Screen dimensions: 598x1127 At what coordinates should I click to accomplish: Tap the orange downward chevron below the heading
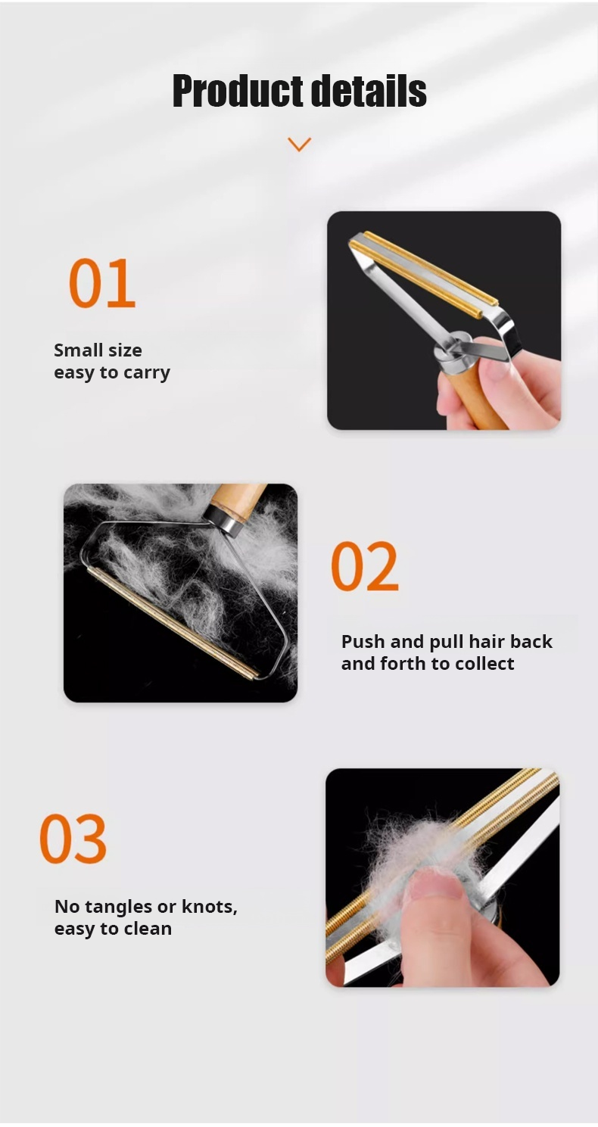coord(300,145)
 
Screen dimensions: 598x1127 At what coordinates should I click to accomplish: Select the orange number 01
coord(102,282)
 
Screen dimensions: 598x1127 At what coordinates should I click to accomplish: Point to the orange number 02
coord(365,565)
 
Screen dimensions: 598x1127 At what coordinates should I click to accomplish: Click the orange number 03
coord(73,839)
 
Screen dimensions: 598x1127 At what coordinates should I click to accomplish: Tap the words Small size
coord(98,350)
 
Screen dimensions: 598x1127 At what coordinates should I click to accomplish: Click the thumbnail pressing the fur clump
coord(436,888)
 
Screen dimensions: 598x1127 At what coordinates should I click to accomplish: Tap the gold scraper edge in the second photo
coord(170,624)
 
